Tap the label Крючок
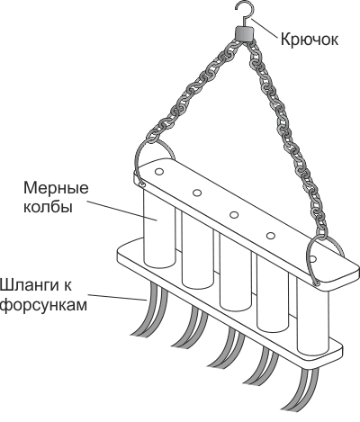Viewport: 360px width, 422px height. point(310,40)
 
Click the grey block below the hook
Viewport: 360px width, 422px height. point(243,33)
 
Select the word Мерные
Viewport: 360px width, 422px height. point(56,188)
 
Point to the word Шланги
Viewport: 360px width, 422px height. point(36,285)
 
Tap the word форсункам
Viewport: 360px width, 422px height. point(43,305)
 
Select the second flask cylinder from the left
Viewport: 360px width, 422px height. point(197,250)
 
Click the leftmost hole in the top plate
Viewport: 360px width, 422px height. point(159,172)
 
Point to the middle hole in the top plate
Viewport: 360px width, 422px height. point(234,215)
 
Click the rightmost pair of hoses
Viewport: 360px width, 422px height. point(303,393)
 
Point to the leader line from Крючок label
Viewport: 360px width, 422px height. point(265,28)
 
